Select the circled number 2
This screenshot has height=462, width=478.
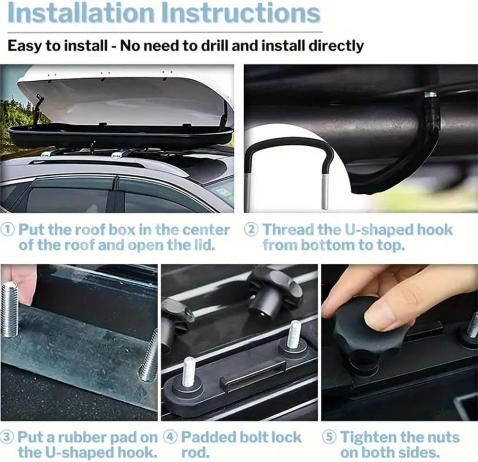[251, 230]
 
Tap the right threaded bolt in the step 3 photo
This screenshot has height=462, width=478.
[149, 356]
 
